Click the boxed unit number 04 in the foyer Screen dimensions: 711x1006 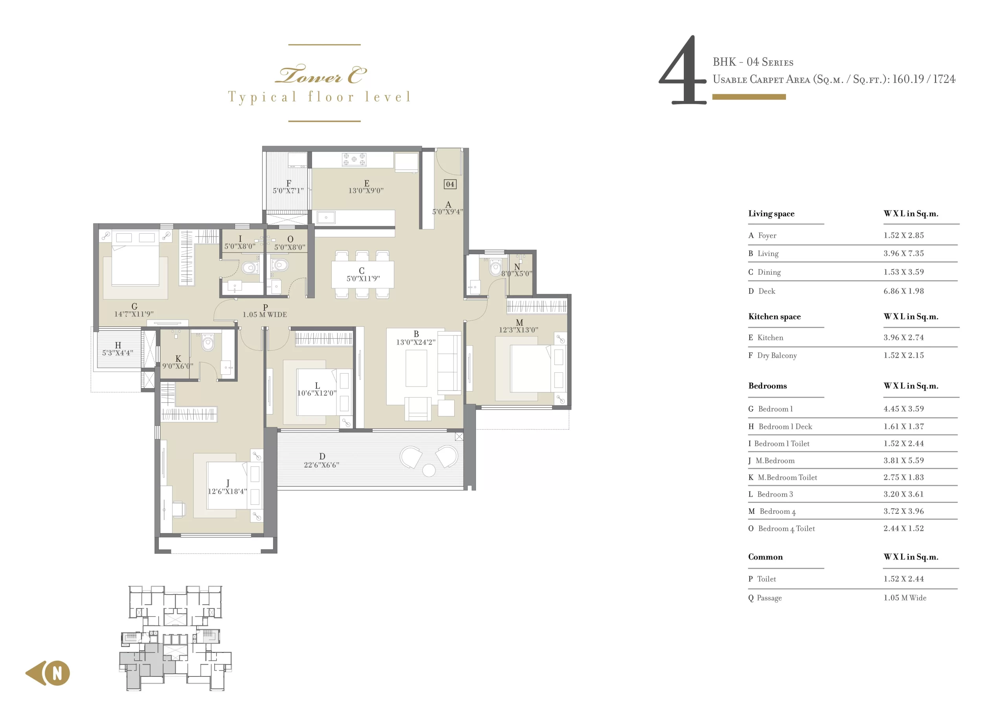click(x=450, y=184)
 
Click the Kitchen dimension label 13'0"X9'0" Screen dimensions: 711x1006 click(x=366, y=191)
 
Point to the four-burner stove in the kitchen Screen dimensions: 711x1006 click(x=354, y=159)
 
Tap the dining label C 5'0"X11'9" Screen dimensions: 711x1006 click(x=363, y=275)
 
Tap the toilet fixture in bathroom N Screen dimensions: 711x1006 click(x=496, y=267)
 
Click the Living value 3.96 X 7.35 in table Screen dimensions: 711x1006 click(x=903, y=253)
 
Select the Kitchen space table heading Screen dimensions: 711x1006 click(x=774, y=316)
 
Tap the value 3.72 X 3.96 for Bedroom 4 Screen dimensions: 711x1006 click(x=903, y=511)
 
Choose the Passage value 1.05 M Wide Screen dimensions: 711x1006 click(x=904, y=597)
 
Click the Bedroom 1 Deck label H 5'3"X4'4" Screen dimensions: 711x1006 click(x=118, y=349)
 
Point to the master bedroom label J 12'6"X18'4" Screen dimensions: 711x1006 click(x=228, y=487)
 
